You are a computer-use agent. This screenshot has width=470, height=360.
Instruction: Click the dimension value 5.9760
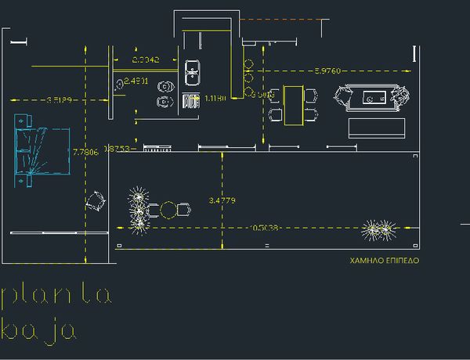point(327,71)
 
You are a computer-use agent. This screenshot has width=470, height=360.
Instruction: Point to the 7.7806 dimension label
point(85,152)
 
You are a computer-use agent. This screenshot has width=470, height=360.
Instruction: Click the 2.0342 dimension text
point(146,59)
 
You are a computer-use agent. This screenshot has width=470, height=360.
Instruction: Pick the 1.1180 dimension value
point(215,99)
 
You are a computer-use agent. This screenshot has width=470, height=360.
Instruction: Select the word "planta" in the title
point(56,295)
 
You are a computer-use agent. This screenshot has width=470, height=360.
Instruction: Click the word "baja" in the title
point(39,331)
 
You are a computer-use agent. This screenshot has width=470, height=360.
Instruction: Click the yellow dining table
point(293,105)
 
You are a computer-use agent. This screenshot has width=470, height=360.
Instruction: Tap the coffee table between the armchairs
point(372,98)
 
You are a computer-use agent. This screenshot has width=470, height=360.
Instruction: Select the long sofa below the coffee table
point(377,128)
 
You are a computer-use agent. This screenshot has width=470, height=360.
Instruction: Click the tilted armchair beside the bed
point(96,200)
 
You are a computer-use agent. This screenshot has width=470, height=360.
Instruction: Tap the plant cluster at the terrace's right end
point(379,229)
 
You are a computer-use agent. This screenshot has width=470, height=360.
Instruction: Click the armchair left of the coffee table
point(343,98)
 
